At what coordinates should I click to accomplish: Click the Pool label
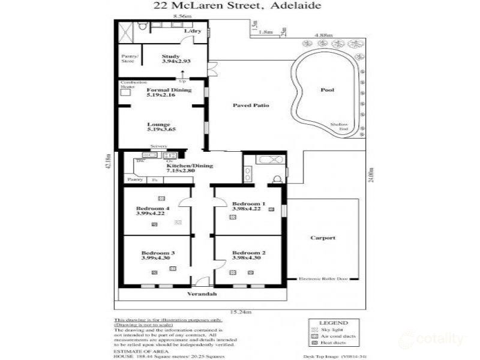click(327, 90)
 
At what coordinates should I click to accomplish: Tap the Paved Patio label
click(251, 106)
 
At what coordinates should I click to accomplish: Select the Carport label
click(323, 238)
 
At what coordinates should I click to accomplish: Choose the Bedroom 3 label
click(158, 253)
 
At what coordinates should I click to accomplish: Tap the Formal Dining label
click(169, 90)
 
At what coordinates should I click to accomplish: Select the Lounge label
click(159, 124)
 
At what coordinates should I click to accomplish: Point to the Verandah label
click(202, 295)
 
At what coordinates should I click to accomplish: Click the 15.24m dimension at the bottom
click(239, 311)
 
